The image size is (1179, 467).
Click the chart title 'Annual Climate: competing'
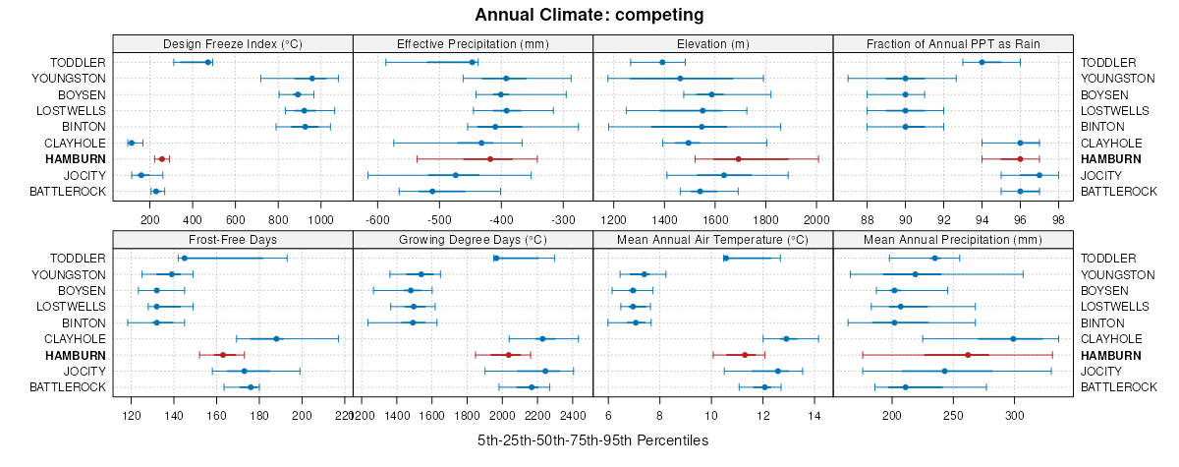pyautogui.click(x=589, y=15)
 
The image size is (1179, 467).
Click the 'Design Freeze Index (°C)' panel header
pyautogui.click(x=233, y=43)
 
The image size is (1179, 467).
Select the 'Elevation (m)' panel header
pyautogui.click(x=712, y=43)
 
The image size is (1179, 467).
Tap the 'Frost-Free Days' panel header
pyautogui.click(x=233, y=239)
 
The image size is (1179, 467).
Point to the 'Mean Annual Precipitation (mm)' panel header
pyautogui.click(x=952, y=239)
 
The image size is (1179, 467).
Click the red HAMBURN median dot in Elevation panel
pyautogui.click(x=738, y=158)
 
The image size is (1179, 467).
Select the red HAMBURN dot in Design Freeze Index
pyautogui.click(x=161, y=158)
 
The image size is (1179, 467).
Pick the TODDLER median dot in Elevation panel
pyautogui.click(x=662, y=62)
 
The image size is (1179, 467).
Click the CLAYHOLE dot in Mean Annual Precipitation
pyautogui.click(x=1013, y=338)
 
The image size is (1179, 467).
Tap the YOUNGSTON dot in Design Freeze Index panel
pyautogui.click(x=312, y=78)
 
